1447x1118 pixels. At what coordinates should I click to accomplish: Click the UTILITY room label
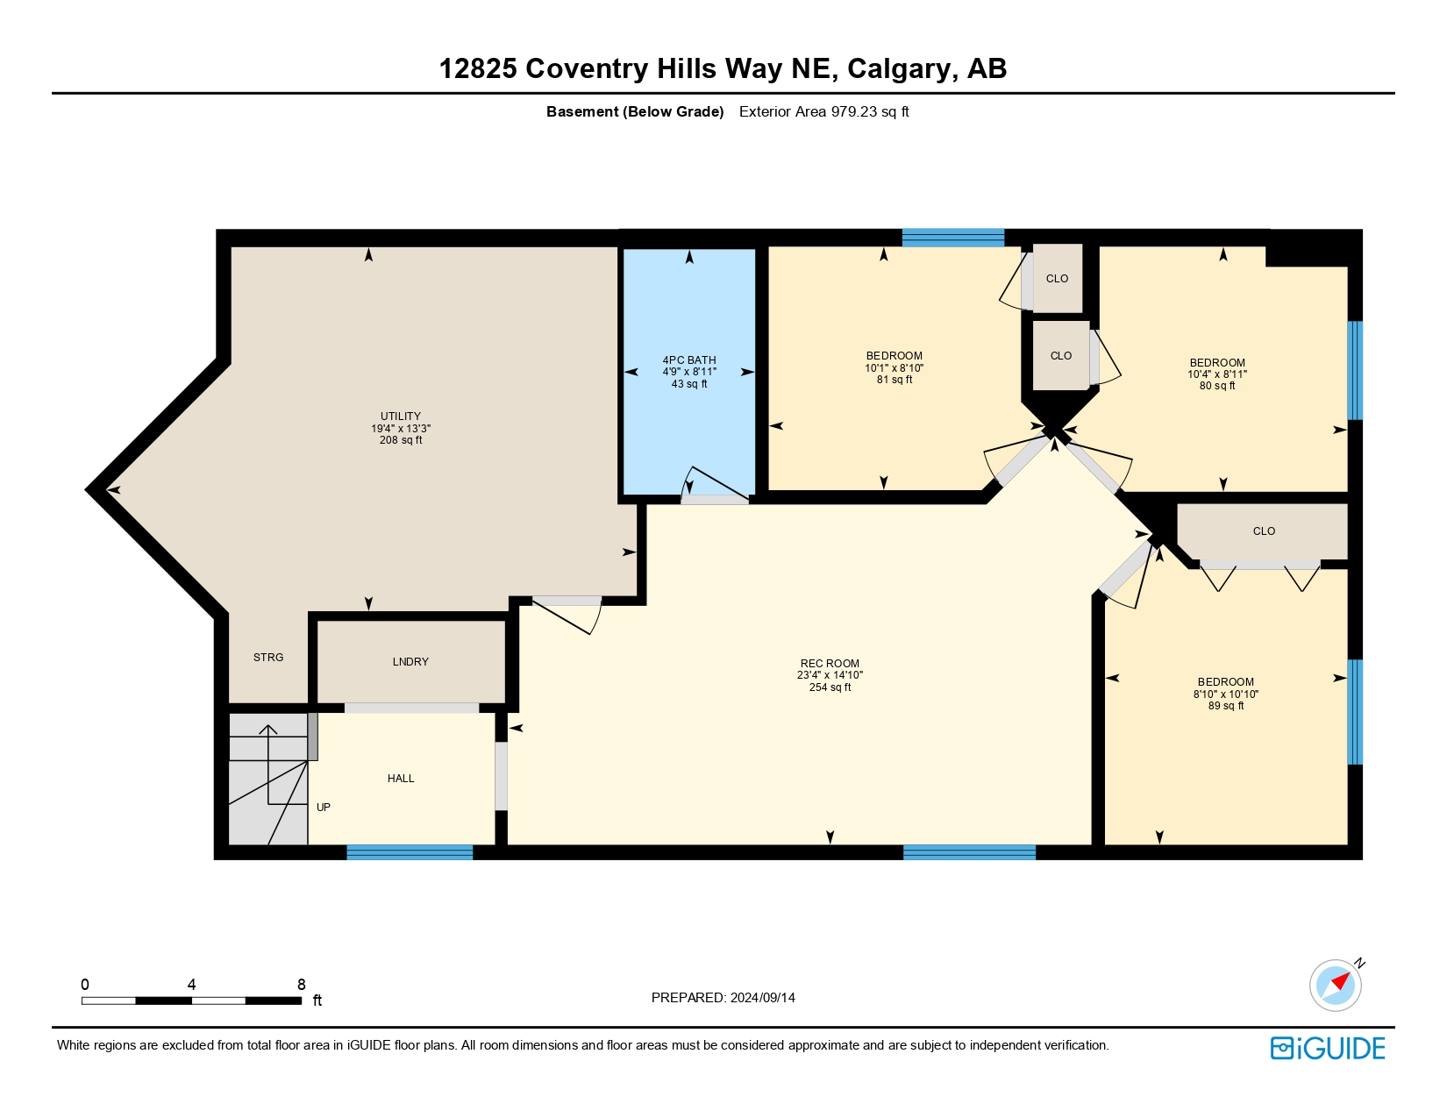click(400, 417)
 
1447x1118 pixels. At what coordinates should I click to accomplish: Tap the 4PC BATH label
click(689, 360)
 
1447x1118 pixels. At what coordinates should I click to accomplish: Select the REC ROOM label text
click(830, 663)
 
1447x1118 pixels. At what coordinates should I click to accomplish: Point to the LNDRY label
click(410, 661)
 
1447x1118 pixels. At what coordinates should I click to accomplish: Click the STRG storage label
click(268, 658)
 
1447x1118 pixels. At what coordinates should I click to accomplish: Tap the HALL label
click(401, 778)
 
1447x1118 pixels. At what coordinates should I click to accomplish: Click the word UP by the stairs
click(324, 807)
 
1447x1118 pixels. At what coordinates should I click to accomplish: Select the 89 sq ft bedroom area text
click(1226, 706)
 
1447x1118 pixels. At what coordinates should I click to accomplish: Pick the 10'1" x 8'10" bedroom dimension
click(895, 368)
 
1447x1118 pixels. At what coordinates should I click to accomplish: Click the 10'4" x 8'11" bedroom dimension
click(1217, 374)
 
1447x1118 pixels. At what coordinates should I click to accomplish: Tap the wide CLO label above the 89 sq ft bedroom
click(1264, 531)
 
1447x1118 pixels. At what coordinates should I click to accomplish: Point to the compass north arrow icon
click(1337, 984)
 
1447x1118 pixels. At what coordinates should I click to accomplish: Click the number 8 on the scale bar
click(302, 984)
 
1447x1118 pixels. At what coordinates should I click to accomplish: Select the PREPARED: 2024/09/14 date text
click(723, 998)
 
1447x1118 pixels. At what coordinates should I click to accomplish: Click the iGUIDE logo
click(1328, 1048)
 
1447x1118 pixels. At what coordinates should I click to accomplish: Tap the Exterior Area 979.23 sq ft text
click(823, 111)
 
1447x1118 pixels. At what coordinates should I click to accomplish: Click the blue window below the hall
click(410, 852)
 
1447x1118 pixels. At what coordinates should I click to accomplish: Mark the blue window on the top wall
click(953, 238)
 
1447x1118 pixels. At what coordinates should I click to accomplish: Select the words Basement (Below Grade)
click(635, 111)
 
